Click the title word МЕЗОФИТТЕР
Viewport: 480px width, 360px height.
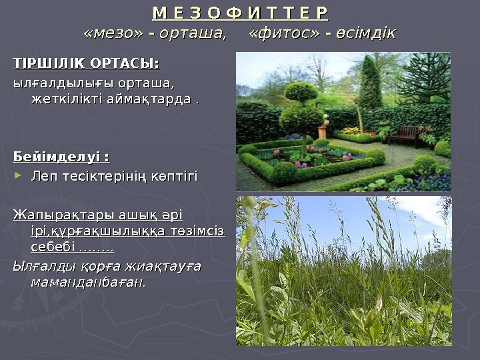coord(240,14)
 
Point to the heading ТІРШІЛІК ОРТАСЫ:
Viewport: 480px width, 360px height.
coord(87,64)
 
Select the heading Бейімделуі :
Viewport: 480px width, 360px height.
coord(62,157)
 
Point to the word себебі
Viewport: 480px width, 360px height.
coord(53,247)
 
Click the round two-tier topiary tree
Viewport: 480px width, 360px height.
coord(302,110)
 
